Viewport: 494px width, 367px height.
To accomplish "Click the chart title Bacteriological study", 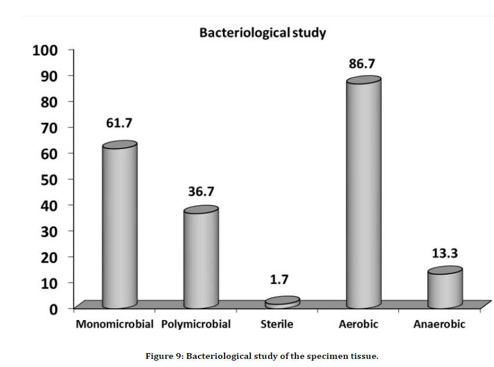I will coord(262,32).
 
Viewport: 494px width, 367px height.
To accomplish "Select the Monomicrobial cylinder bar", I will coord(120,226).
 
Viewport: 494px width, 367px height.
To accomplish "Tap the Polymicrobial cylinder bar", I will coord(201,258).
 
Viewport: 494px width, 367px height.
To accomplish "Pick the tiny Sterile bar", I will coord(283,302).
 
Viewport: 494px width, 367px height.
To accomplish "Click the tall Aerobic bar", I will coord(363,194).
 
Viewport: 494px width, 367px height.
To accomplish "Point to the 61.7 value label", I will coord(119,123).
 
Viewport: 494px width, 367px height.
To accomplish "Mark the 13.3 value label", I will coord(445,253).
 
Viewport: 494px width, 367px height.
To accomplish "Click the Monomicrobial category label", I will coord(114,324).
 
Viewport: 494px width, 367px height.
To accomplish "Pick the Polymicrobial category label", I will coord(196,324).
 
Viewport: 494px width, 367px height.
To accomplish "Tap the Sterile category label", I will coord(277,324).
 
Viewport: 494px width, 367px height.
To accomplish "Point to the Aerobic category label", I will coord(358,324).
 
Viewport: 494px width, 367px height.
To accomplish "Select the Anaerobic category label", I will coord(439,324).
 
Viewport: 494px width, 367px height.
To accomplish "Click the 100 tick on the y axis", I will coord(45,50).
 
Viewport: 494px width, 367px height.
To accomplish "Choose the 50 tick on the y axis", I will coord(49,179).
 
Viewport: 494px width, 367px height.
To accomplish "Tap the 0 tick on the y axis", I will coord(53,308).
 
